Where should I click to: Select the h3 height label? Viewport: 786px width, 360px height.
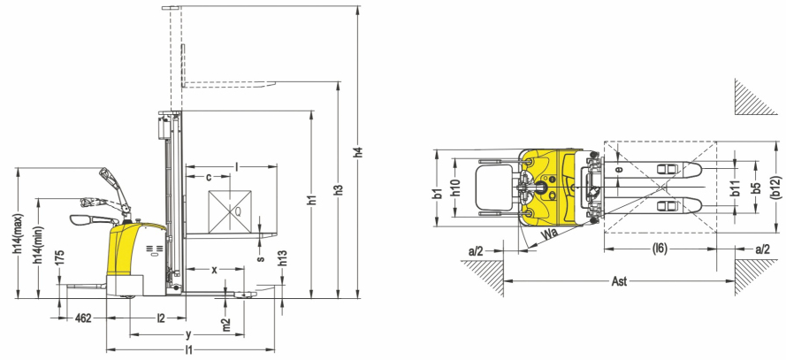coord(339,190)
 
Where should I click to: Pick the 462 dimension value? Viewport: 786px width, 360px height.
coord(83,318)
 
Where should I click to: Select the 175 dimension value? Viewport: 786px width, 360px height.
coord(60,257)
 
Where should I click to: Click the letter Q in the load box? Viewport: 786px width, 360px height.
coord(238,211)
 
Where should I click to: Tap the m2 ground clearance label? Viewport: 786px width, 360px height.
coord(225,325)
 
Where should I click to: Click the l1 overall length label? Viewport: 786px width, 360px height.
coord(188,350)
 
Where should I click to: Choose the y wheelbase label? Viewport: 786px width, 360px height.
coord(188,333)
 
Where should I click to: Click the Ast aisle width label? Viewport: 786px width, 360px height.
coord(620,281)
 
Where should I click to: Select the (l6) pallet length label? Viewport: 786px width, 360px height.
coord(660,249)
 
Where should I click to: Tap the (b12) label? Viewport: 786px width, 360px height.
coord(775,188)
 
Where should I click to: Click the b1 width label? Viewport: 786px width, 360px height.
coord(438,195)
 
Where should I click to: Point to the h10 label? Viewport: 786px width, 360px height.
coord(454,188)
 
